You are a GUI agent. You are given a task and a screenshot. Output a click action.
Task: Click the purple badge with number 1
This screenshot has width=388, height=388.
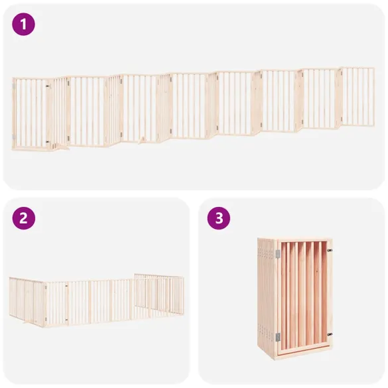23,25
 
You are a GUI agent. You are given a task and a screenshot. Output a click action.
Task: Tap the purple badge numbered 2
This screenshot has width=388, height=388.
23,219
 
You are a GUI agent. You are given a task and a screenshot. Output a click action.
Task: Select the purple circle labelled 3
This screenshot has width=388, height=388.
218,219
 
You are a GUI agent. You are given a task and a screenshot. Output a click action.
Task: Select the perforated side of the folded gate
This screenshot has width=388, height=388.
266,295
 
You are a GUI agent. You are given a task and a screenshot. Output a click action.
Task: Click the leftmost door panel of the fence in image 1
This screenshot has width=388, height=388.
31,113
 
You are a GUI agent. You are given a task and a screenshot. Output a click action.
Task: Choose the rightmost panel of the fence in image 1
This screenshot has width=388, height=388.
358,96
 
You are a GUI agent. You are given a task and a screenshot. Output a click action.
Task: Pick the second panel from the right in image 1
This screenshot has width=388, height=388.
320,99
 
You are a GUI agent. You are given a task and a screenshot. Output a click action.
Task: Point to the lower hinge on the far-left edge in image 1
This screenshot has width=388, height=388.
13,137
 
